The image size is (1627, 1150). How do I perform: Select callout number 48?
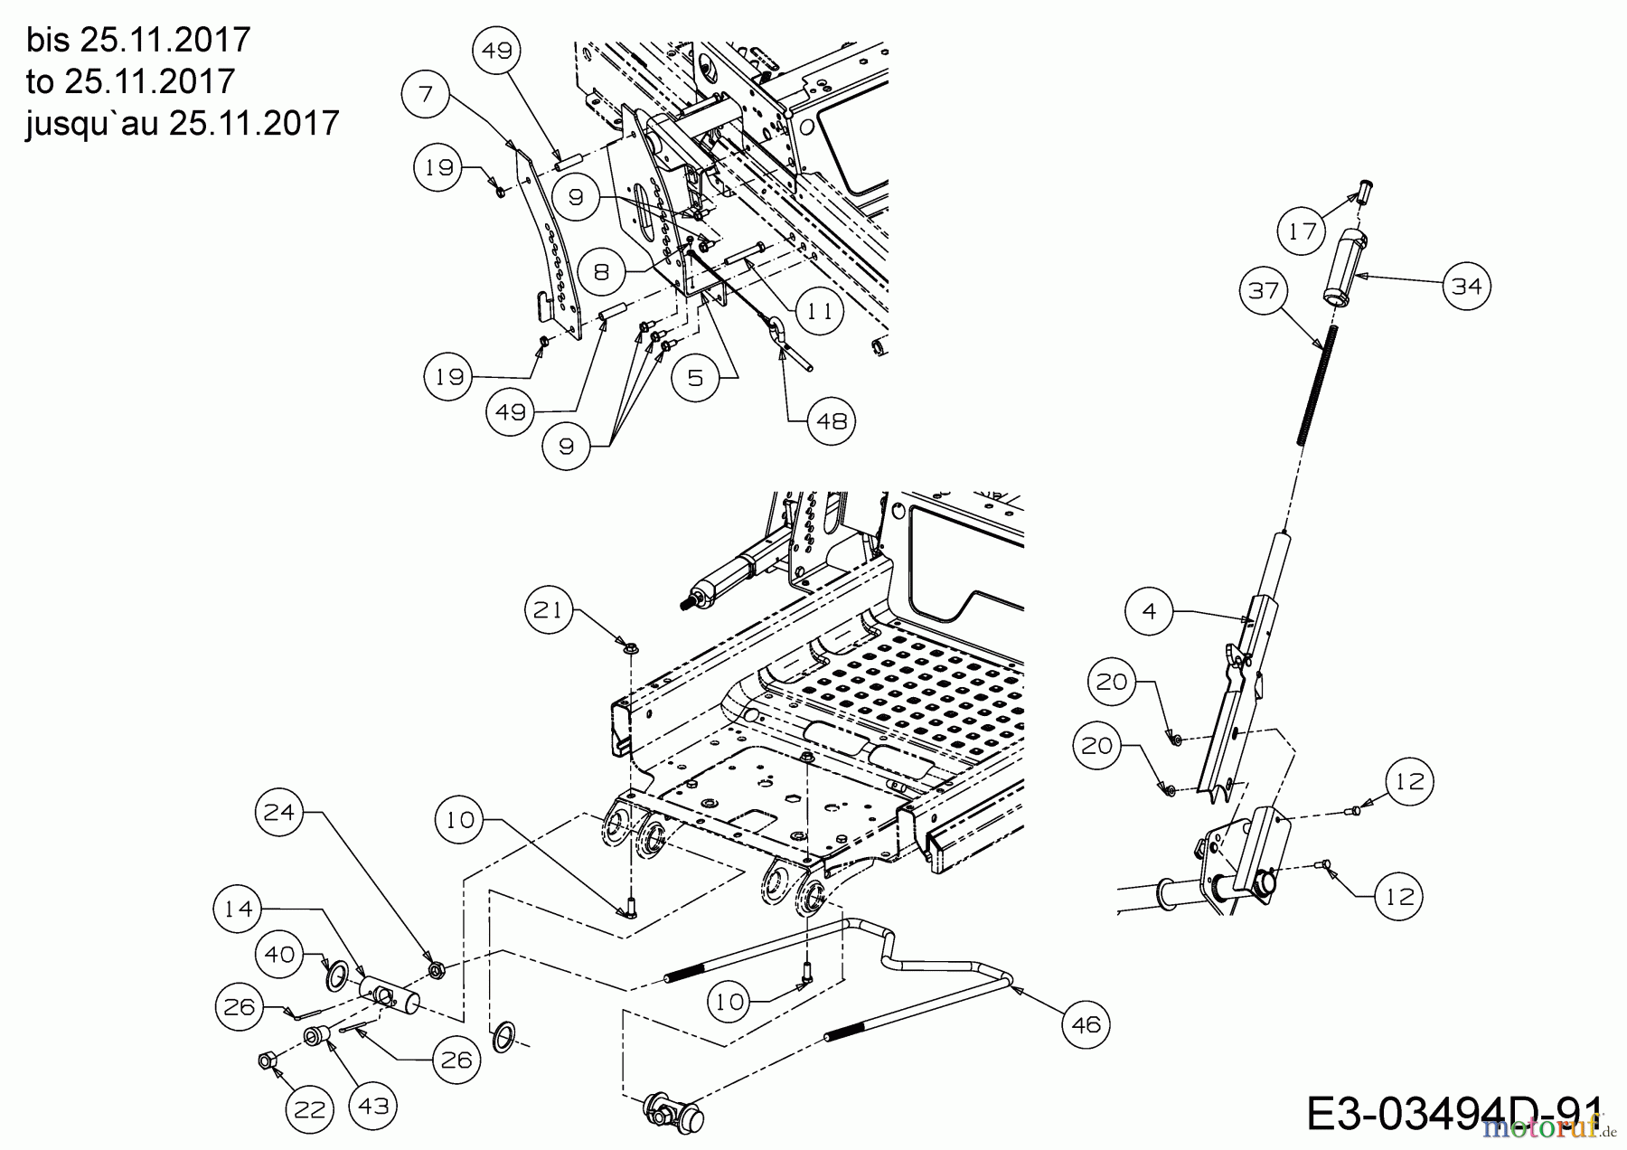click(x=831, y=420)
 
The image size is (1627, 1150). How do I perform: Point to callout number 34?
click(x=1466, y=286)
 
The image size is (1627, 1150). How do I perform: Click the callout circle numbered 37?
click(x=1264, y=290)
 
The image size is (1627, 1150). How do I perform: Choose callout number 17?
click(x=1302, y=231)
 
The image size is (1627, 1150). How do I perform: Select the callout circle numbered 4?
click(x=1150, y=611)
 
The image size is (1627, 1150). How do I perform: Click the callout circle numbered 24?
click(x=279, y=812)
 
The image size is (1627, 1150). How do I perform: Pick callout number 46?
click(x=1086, y=1023)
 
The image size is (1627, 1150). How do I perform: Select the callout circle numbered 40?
click(x=280, y=954)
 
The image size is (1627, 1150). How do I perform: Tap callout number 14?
click(x=240, y=909)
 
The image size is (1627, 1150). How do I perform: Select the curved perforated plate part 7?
click(x=551, y=244)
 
